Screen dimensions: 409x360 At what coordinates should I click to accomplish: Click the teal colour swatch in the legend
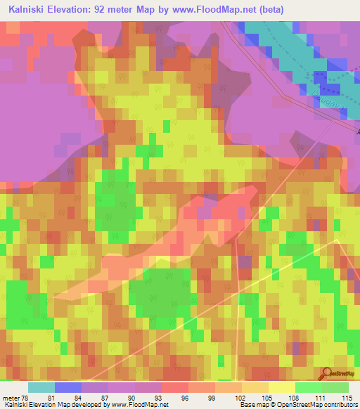pyautogui.click(x=41, y=387)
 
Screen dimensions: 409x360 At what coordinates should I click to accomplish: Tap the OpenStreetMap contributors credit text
pyautogui.click(x=321, y=405)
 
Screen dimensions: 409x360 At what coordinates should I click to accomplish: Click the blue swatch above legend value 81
pyautogui.click(x=68, y=387)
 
